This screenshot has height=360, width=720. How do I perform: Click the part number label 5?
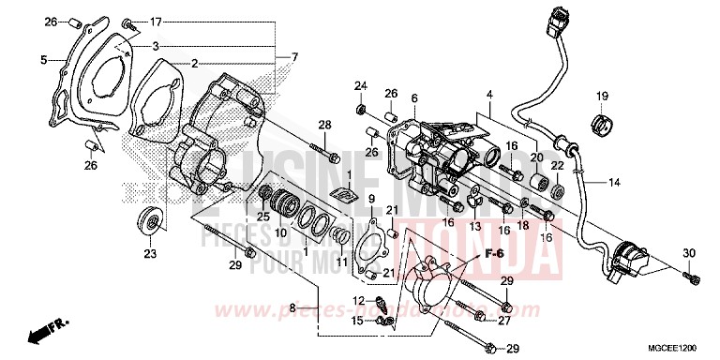coord(43,60)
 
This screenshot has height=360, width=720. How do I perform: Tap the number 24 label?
coord(359,87)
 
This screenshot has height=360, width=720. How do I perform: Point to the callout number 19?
coord(603,96)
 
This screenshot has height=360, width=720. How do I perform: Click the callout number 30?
coord(689,253)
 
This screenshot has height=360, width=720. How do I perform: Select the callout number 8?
coord(292,307)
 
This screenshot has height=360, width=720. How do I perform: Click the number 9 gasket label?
coord(371,200)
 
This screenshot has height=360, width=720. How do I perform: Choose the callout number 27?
coord(504,321)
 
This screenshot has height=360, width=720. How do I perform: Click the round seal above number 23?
coord(148,221)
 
